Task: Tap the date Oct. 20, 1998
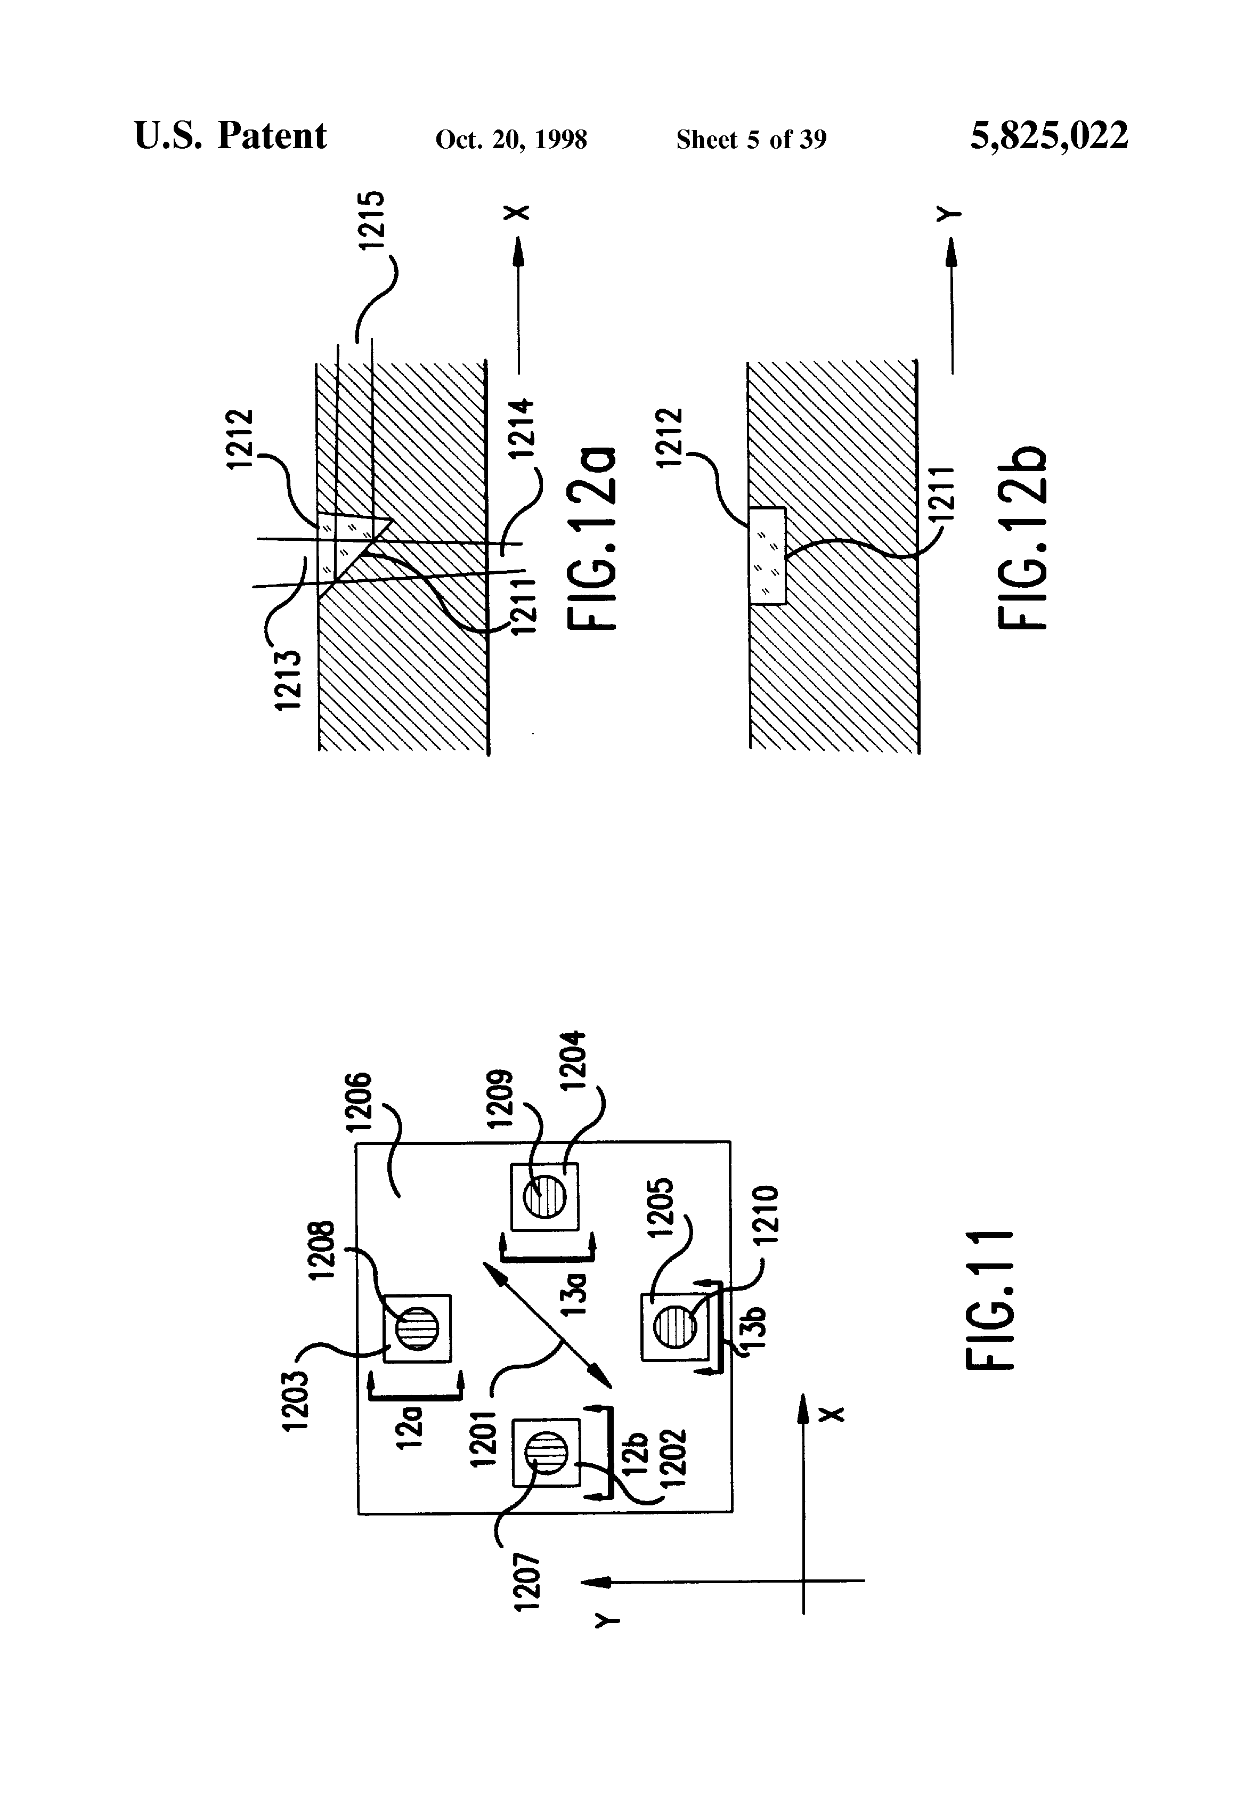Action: tap(511, 140)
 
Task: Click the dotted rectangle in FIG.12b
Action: tap(767, 556)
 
